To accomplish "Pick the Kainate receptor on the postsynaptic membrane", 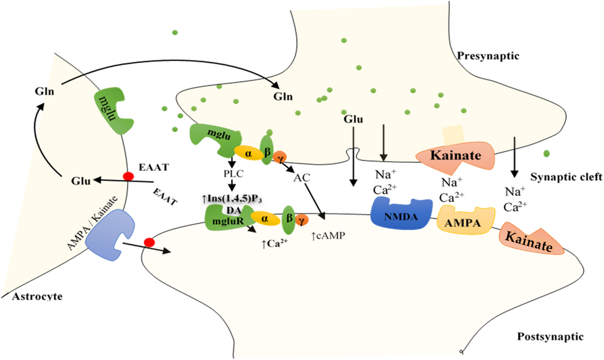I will pyautogui.click(x=530, y=241).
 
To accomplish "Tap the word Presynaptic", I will pyautogui.click(x=488, y=56).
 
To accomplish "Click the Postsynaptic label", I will pyautogui.click(x=550, y=336).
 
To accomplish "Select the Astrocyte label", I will pyautogui.click(x=37, y=296).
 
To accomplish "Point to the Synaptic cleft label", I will pyautogui.click(x=566, y=177).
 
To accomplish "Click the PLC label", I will pyautogui.click(x=233, y=174).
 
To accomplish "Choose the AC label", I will pyautogui.click(x=301, y=178).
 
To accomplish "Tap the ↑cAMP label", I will pyautogui.click(x=328, y=236).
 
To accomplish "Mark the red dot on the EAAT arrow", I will pyautogui.click(x=128, y=176).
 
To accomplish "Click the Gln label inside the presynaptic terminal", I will pyautogui.click(x=283, y=97).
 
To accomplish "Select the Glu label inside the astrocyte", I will pyautogui.click(x=81, y=181).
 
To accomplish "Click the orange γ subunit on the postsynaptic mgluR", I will pyautogui.click(x=302, y=221).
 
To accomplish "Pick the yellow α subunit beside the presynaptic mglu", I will pyautogui.click(x=249, y=154).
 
